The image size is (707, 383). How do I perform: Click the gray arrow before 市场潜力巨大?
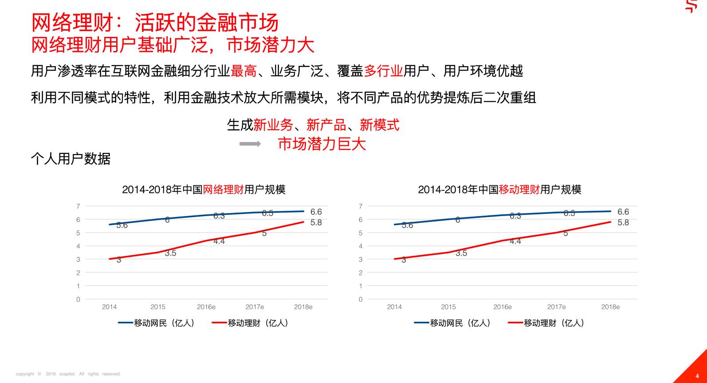click(x=250, y=144)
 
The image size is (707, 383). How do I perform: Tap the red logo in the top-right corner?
click(x=691, y=6)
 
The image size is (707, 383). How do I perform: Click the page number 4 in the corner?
click(x=697, y=376)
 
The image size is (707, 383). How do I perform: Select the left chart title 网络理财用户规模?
click(x=204, y=190)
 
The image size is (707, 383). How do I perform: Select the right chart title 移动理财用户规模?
click(x=499, y=190)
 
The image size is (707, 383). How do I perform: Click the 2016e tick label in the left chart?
click(x=206, y=307)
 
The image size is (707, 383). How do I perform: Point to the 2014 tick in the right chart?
click(x=394, y=307)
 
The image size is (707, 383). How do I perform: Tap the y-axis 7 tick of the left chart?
click(x=78, y=206)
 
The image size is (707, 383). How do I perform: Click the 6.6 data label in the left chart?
click(x=316, y=212)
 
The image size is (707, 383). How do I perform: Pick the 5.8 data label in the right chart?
click(x=623, y=223)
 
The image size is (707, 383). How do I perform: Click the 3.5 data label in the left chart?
click(x=170, y=253)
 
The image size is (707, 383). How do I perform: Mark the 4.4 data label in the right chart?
click(x=515, y=241)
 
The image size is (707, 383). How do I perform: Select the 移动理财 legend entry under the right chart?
click(x=546, y=323)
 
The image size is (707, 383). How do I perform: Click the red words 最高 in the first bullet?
click(x=244, y=71)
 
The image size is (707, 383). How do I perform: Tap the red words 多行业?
click(x=383, y=71)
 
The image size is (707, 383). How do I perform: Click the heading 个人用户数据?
click(x=71, y=158)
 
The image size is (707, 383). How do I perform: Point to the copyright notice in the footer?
click(x=68, y=374)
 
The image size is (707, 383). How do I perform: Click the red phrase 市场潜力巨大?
click(x=322, y=144)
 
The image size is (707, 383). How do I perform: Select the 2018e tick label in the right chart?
click(x=610, y=307)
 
